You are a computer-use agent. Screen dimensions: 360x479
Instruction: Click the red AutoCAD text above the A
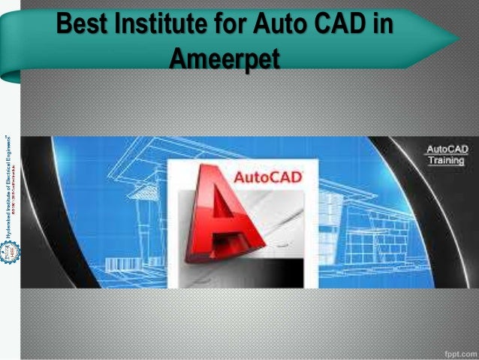tap(269, 178)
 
